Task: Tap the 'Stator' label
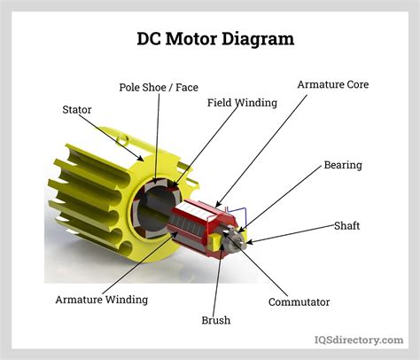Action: (77, 111)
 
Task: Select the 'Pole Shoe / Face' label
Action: (159, 87)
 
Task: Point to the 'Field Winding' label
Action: (242, 102)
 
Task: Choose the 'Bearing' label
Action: (342, 165)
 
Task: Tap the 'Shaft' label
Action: (371, 225)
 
